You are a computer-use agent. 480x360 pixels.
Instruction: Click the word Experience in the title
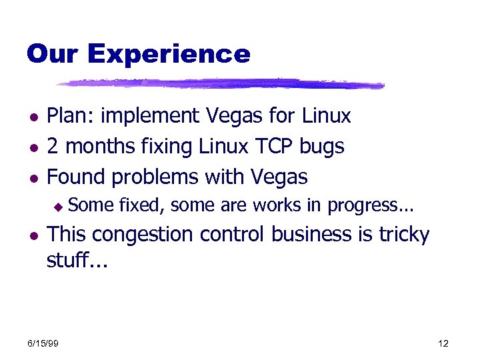tap(169, 54)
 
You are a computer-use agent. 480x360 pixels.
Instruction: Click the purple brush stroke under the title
tap(220, 85)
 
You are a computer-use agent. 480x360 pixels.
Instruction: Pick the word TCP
tap(273, 147)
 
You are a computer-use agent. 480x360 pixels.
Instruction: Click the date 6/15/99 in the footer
tap(43, 343)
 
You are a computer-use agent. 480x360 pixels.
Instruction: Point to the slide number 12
tap(443, 343)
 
